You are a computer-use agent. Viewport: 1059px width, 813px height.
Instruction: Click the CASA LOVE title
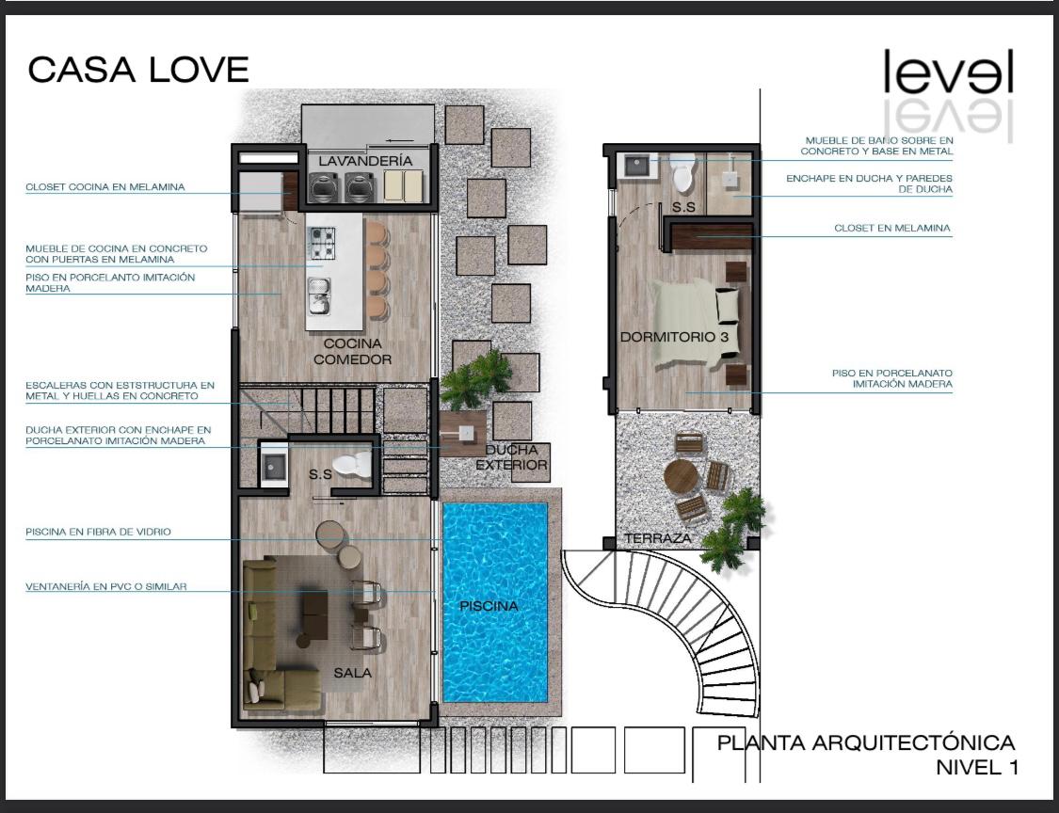[x=138, y=70]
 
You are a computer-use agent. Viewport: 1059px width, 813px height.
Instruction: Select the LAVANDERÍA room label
[x=365, y=161]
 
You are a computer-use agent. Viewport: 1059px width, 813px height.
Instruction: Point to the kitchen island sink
[x=319, y=295]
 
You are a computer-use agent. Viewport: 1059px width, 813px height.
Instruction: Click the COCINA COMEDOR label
[x=353, y=351]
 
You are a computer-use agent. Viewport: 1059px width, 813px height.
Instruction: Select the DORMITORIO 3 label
[x=674, y=336]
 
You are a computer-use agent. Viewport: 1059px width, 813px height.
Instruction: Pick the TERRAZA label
[x=658, y=538]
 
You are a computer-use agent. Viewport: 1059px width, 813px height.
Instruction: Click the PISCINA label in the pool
[x=489, y=606]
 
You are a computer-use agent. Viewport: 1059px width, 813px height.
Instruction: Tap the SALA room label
[x=353, y=673]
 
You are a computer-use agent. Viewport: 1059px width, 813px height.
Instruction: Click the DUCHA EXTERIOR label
[x=511, y=457]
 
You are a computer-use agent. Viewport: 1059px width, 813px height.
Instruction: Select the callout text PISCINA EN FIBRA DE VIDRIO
[x=99, y=532]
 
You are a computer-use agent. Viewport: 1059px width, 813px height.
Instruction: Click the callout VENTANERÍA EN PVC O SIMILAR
[x=106, y=587]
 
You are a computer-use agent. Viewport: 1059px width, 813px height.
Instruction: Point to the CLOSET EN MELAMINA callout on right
[x=892, y=229]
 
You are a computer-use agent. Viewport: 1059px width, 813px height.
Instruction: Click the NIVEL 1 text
[x=976, y=767]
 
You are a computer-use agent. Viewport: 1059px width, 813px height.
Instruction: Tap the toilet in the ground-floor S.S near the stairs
[x=352, y=463]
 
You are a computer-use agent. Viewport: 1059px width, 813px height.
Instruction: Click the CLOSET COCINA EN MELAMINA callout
[x=105, y=187]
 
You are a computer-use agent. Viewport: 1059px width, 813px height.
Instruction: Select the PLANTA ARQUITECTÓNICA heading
[x=866, y=742]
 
